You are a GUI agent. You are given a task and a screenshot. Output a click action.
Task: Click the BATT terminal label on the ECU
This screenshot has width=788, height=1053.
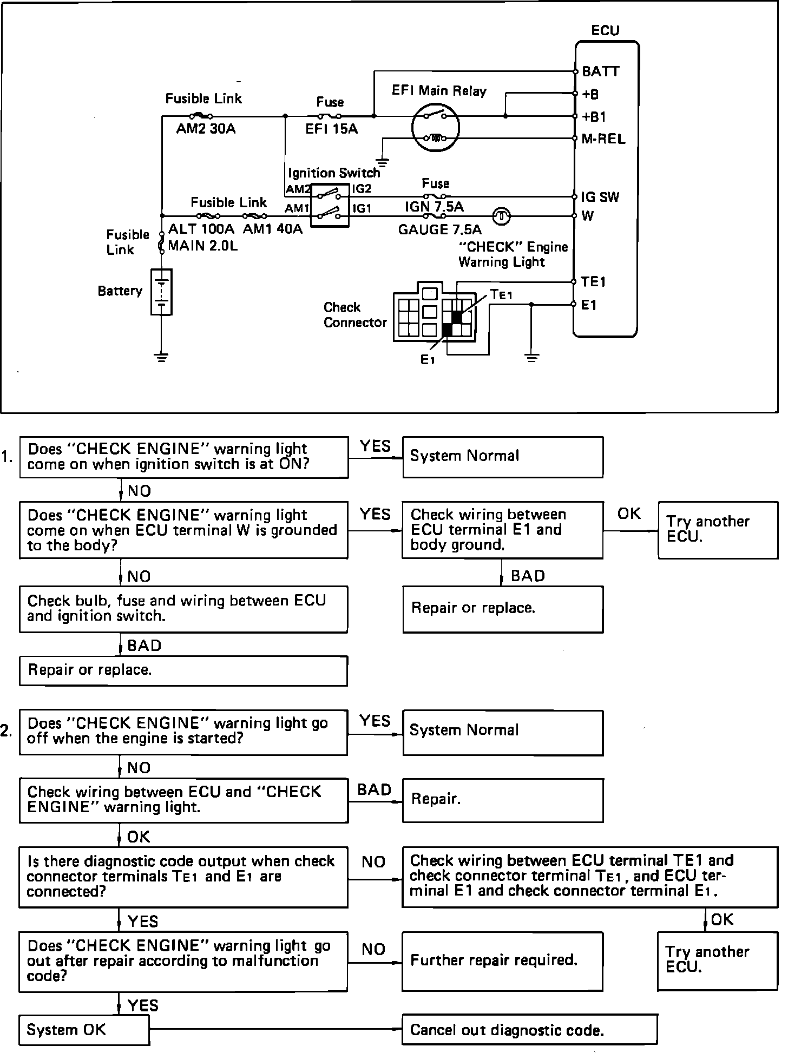(601, 71)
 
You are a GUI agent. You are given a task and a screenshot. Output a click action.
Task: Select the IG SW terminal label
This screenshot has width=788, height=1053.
(600, 197)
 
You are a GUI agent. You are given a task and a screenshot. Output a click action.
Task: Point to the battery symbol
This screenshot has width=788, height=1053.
(161, 292)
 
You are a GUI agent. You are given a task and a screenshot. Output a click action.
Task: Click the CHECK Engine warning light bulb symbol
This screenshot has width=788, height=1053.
(502, 216)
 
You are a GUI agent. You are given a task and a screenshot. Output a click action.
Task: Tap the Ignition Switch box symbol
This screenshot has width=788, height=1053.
(330, 206)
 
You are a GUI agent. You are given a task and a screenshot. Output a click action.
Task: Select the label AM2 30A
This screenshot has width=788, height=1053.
(206, 129)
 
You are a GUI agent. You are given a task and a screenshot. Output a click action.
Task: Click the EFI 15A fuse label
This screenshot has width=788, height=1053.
(331, 129)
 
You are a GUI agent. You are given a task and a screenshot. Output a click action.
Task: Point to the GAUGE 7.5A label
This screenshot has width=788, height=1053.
(439, 230)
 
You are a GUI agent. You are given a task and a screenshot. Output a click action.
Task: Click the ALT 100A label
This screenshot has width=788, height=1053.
(201, 229)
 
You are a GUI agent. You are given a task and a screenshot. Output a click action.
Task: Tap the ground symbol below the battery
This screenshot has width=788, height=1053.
(161, 357)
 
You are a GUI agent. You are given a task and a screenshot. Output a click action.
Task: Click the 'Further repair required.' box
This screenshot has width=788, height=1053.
(502, 961)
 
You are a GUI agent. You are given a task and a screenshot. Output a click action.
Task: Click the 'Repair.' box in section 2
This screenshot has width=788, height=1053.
(502, 800)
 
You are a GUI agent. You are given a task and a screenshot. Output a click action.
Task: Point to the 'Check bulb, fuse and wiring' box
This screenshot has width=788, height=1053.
(183, 609)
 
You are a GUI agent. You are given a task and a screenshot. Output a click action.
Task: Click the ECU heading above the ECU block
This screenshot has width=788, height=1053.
(605, 30)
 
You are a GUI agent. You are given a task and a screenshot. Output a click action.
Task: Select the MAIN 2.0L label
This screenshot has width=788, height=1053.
(202, 246)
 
